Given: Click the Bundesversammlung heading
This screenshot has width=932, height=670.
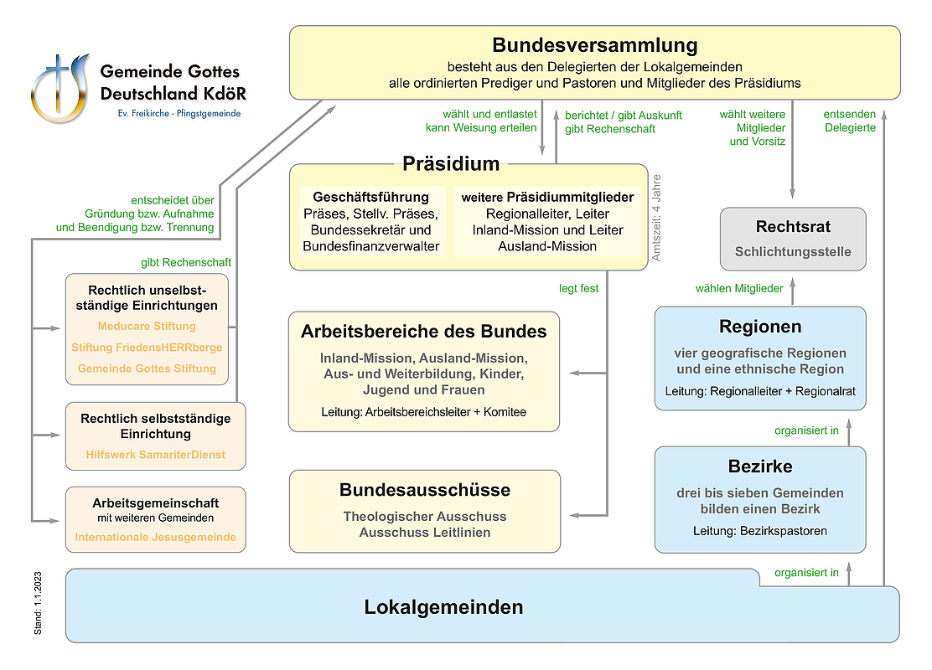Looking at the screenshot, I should [x=595, y=44].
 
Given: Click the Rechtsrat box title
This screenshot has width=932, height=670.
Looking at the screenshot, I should [x=793, y=227].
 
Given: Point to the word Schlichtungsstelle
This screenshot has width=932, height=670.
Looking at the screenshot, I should [x=793, y=251].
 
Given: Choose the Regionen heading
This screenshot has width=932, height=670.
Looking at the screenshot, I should [x=760, y=327].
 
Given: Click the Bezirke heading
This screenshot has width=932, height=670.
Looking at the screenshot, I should [x=760, y=466].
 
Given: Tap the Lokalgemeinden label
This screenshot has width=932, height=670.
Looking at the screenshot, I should [x=443, y=607].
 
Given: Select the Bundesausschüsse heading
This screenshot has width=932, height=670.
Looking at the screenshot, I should [x=425, y=490].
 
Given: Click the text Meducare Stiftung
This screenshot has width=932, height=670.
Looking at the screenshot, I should [x=147, y=326].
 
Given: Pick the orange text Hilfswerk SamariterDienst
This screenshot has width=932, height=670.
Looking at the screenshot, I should [x=155, y=455].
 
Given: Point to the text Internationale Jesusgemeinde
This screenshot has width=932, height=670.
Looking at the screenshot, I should [x=155, y=537].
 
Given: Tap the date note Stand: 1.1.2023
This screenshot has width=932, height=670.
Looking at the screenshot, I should [x=39, y=602].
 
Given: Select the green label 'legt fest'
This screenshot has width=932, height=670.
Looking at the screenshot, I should [x=579, y=288].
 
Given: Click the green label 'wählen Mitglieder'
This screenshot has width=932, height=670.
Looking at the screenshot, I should [x=739, y=288].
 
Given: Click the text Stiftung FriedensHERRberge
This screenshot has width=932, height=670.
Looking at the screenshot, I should [x=147, y=347].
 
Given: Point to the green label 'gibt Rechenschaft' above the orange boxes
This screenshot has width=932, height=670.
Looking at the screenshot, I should [x=186, y=262].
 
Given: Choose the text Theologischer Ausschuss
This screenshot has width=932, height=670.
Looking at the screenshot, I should [x=425, y=517].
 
